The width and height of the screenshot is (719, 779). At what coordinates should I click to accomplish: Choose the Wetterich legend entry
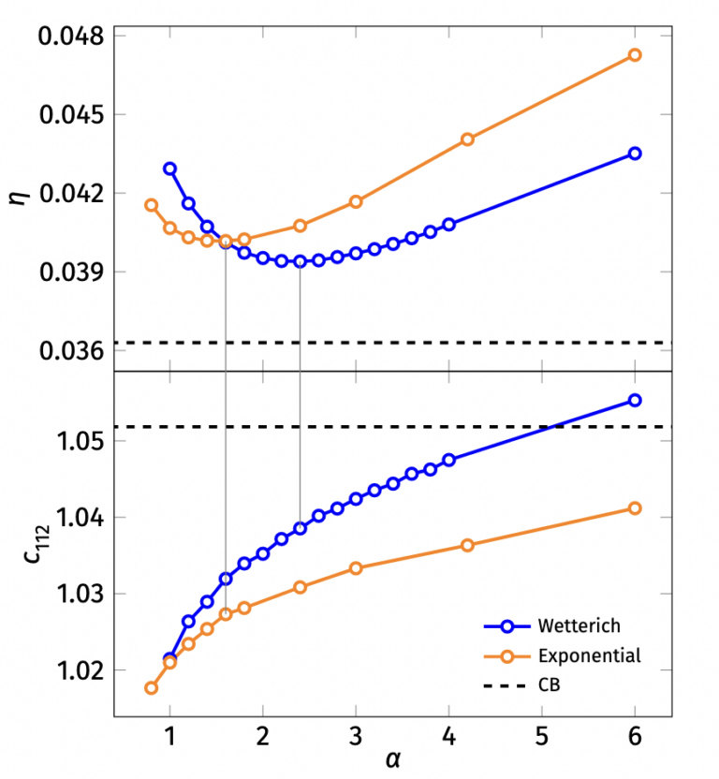click(x=578, y=625)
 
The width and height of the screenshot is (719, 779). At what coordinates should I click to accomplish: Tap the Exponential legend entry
click(x=589, y=655)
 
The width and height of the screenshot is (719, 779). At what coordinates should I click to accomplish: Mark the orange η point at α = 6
click(x=634, y=55)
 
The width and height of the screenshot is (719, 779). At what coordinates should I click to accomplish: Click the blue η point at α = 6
click(x=634, y=154)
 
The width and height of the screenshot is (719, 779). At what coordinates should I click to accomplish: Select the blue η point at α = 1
click(x=169, y=169)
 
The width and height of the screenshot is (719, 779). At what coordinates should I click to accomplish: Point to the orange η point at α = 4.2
click(x=467, y=140)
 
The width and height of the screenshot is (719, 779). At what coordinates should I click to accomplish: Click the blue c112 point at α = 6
click(x=634, y=400)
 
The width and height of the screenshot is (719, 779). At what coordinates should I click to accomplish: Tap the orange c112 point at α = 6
click(x=634, y=508)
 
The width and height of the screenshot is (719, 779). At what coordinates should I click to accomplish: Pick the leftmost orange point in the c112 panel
click(x=151, y=688)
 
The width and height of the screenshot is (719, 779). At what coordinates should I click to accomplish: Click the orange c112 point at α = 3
click(x=356, y=568)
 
